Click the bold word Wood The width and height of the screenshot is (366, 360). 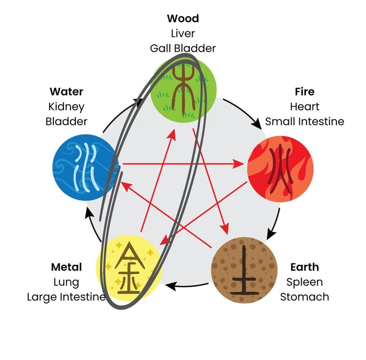point(183,19)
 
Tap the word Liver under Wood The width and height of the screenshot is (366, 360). point(183,33)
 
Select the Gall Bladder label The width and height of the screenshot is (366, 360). point(183,48)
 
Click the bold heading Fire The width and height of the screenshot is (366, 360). point(305,91)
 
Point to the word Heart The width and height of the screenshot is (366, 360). point(305,106)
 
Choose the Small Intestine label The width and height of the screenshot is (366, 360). point(305,121)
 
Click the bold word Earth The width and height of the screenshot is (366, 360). point(305,267)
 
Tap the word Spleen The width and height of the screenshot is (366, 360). point(305,282)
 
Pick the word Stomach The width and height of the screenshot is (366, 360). point(305,297)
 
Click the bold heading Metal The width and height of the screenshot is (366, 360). point(66,267)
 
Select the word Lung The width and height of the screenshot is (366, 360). point(66,282)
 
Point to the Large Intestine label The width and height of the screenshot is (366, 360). point(66,297)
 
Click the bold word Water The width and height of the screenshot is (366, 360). point(66,91)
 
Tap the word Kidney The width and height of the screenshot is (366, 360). point(66,106)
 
